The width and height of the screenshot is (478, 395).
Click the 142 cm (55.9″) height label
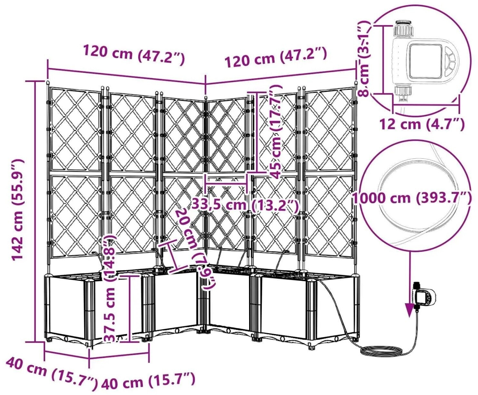coord(17,210)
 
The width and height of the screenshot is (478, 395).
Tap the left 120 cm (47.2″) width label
coord(134,54)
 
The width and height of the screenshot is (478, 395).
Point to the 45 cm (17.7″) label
coord(276,132)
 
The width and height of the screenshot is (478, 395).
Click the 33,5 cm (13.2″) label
coord(245,205)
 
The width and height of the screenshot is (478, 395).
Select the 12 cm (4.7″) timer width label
coord(422,124)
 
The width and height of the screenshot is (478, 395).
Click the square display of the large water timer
coord(425,61)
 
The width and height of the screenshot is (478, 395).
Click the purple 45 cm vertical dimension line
coord(257,132)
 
